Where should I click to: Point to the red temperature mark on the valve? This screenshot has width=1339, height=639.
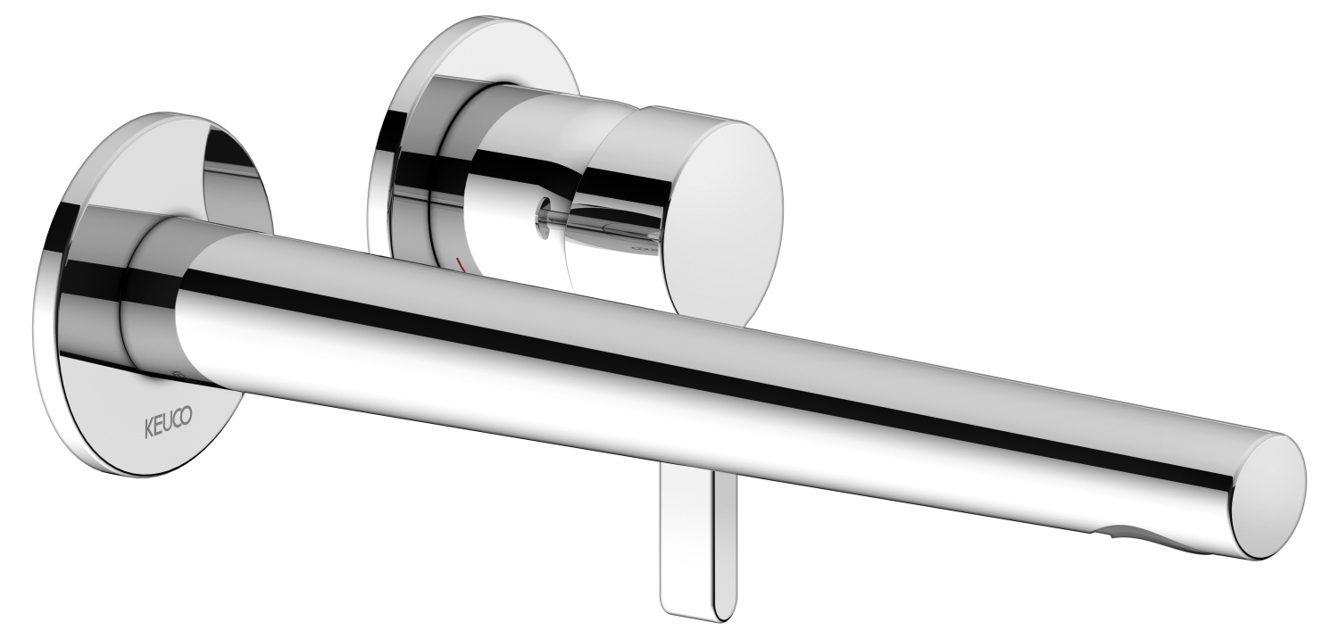(462, 264)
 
